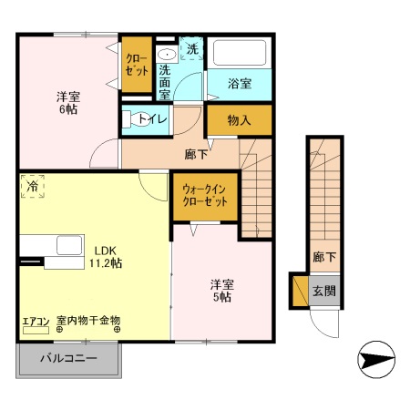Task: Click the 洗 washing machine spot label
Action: (192, 47)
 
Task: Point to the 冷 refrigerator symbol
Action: (31, 186)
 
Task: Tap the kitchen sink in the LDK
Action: (68, 245)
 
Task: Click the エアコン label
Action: (35, 321)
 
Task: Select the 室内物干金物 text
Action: (88, 321)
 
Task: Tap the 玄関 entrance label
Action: (324, 292)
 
